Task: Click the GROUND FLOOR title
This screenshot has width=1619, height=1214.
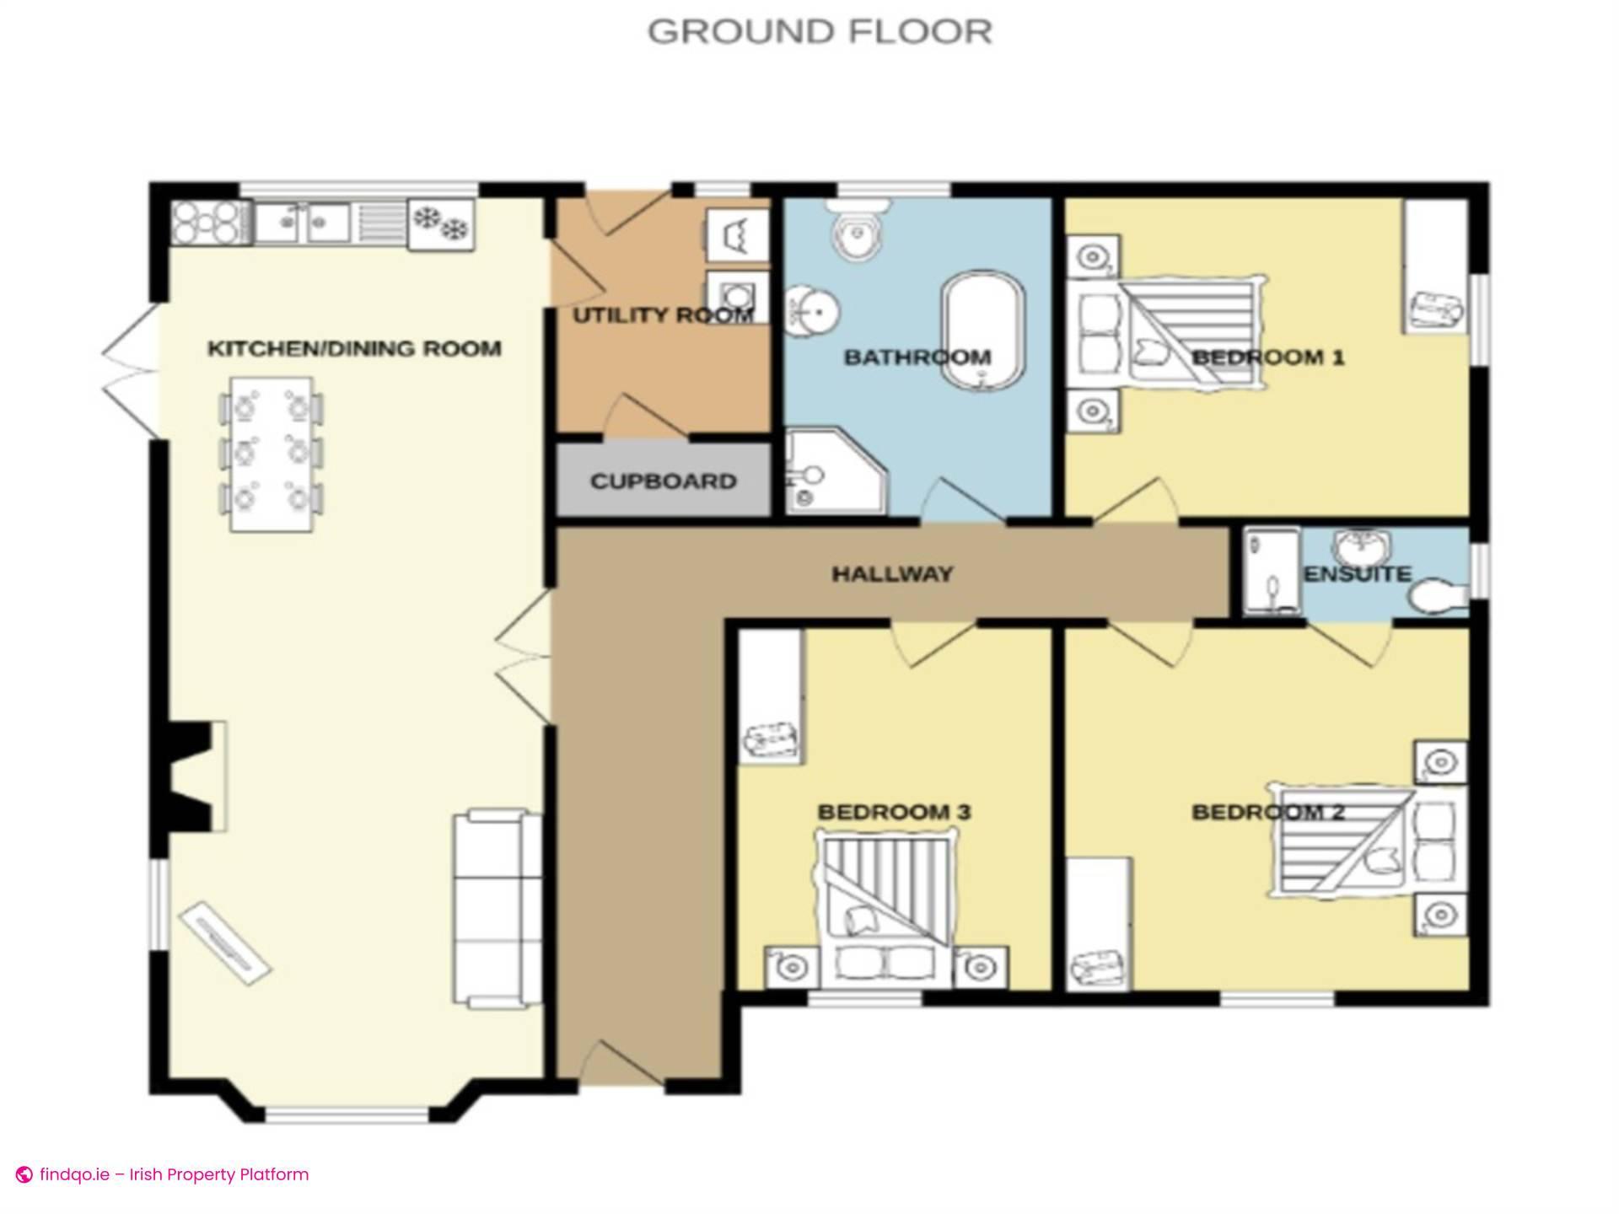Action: (820, 32)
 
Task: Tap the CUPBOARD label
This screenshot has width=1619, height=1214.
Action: (663, 481)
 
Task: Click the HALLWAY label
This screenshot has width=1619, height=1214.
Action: (892, 574)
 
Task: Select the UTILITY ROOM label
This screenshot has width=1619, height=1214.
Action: (663, 315)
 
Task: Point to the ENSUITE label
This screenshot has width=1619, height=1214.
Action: (1357, 574)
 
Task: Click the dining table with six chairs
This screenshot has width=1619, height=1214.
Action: (272, 454)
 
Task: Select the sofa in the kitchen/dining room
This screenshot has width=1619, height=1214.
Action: (498, 907)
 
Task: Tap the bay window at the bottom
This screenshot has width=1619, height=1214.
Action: (347, 1115)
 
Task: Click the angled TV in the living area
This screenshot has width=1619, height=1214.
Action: (224, 943)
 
